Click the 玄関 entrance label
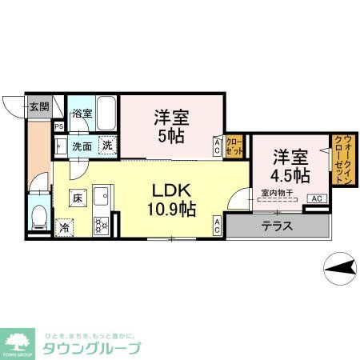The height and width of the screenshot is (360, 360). (x=39, y=106)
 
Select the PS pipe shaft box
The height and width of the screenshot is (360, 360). (x=58, y=126)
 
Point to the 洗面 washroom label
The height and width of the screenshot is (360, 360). (x=82, y=146)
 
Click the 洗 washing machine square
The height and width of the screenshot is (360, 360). (x=106, y=146)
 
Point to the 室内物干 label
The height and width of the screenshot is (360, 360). (x=275, y=191)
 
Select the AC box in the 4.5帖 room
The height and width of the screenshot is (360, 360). (x=316, y=198)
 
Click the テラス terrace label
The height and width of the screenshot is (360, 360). (x=276, y=226)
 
